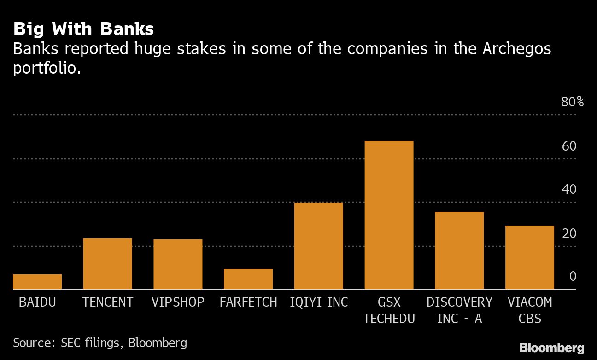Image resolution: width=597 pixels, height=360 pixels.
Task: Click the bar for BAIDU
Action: [37, 282]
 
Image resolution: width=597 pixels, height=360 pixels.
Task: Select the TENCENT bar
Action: [107, 264]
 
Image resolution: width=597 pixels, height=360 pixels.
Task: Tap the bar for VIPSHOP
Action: [178, 264]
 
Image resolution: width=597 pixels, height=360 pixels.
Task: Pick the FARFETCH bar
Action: [248, 279]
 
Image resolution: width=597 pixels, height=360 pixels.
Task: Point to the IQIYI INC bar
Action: [319, 246]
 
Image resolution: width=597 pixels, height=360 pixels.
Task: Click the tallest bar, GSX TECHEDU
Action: [389, 215]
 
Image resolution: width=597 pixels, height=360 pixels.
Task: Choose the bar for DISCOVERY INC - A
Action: [459, 250]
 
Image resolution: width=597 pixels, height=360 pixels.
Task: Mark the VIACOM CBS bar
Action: [530, 257]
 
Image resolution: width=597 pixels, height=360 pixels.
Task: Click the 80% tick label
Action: [572, 102]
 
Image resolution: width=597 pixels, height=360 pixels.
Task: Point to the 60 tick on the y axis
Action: [569, 146]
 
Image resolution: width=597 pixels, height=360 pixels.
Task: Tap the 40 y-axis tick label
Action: [569, 190]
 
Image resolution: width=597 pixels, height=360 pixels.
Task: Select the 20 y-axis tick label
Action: [569, 233]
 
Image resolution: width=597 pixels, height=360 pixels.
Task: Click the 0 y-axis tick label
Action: [573, 277]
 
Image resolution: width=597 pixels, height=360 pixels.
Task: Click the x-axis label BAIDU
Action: [37, 302]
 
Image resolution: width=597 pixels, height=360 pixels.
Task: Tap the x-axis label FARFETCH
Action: [248, 302]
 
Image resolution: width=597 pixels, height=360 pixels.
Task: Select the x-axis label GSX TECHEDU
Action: [389, 310]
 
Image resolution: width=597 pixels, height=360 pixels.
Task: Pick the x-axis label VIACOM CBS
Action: [530, 310]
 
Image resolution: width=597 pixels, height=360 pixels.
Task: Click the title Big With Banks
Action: [83, 29]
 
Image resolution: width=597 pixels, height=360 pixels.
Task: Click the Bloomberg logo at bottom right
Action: [551, 348]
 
